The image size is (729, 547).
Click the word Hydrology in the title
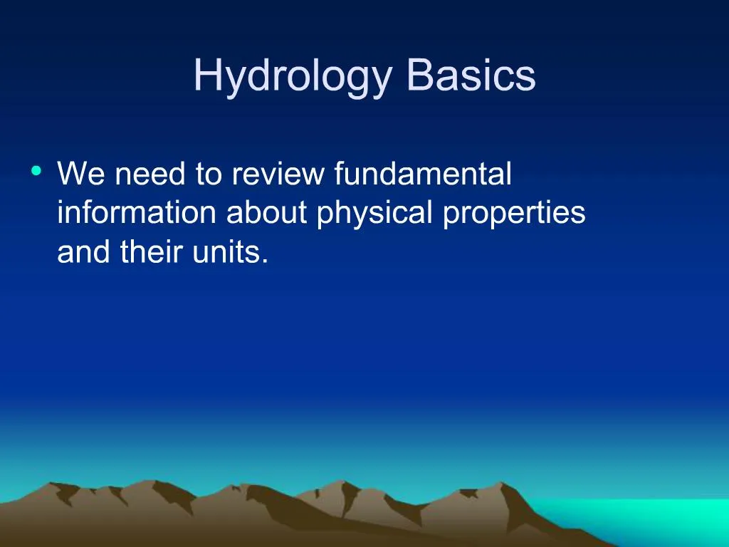click(293, 76)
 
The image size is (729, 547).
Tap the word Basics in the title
click(471, 76)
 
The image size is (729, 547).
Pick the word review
click(278, 174)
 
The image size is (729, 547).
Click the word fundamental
click(423, 174)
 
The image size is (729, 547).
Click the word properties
click(514, 214)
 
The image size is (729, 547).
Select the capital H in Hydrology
click(206, 76)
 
